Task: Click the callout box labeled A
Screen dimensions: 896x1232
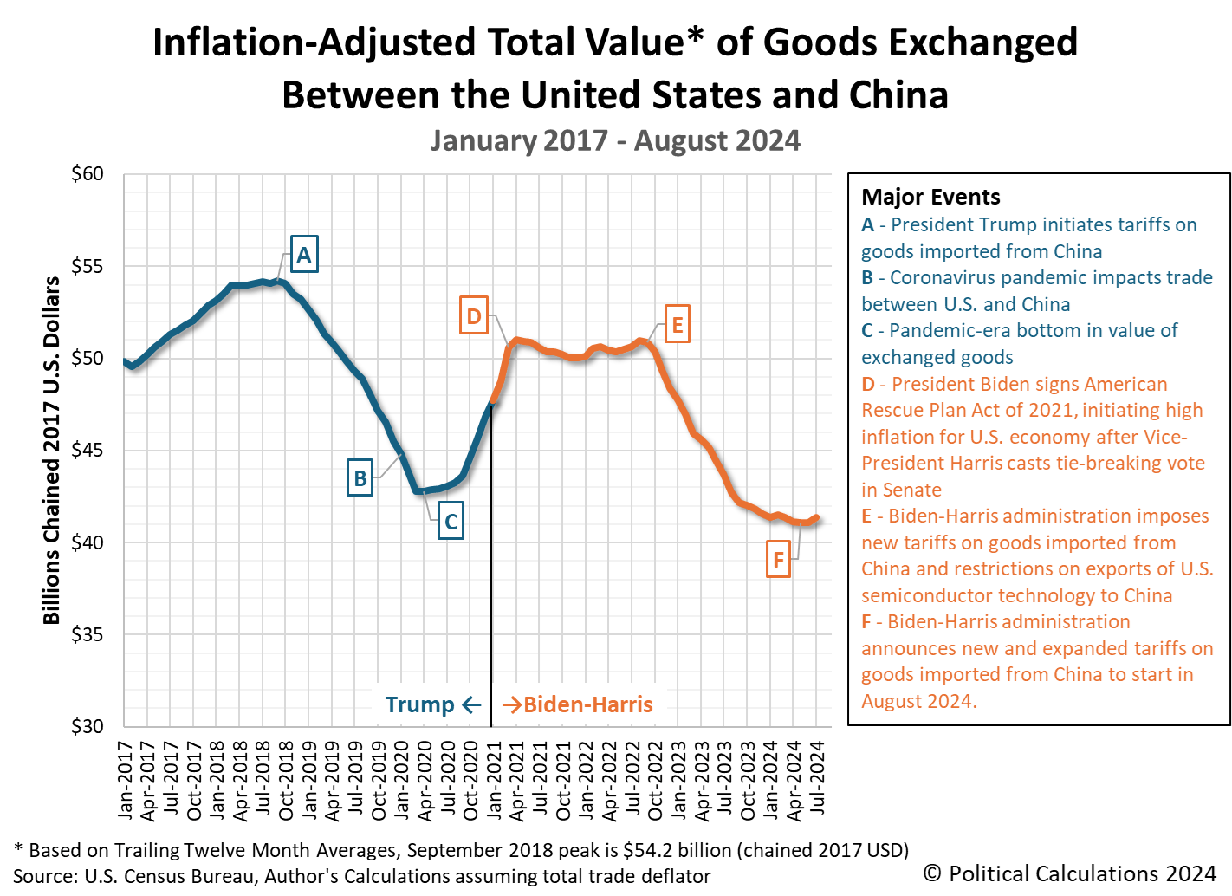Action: [304, 254]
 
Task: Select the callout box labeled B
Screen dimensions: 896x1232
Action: [360, 477]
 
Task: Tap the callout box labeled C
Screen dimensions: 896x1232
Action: [451, 521]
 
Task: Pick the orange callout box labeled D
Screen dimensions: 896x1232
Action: [473, 315]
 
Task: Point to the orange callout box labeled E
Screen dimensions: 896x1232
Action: [677, 324]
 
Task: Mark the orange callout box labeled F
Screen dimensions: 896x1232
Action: [778, 559]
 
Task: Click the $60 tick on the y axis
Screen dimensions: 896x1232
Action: [87, 174]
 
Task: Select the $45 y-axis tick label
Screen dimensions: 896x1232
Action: [87, 451]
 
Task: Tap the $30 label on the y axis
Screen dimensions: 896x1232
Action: [87, 726]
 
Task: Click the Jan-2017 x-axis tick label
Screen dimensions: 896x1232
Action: [126, 780]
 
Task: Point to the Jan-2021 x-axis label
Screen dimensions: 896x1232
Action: [495, 780]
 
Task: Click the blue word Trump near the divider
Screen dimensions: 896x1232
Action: [419, 704]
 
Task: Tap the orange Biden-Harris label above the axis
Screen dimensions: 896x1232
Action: [587, 704]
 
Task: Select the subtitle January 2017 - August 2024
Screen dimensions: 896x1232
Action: [615, 140]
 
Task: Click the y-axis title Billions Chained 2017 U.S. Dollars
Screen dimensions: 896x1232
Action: [52, 450]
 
